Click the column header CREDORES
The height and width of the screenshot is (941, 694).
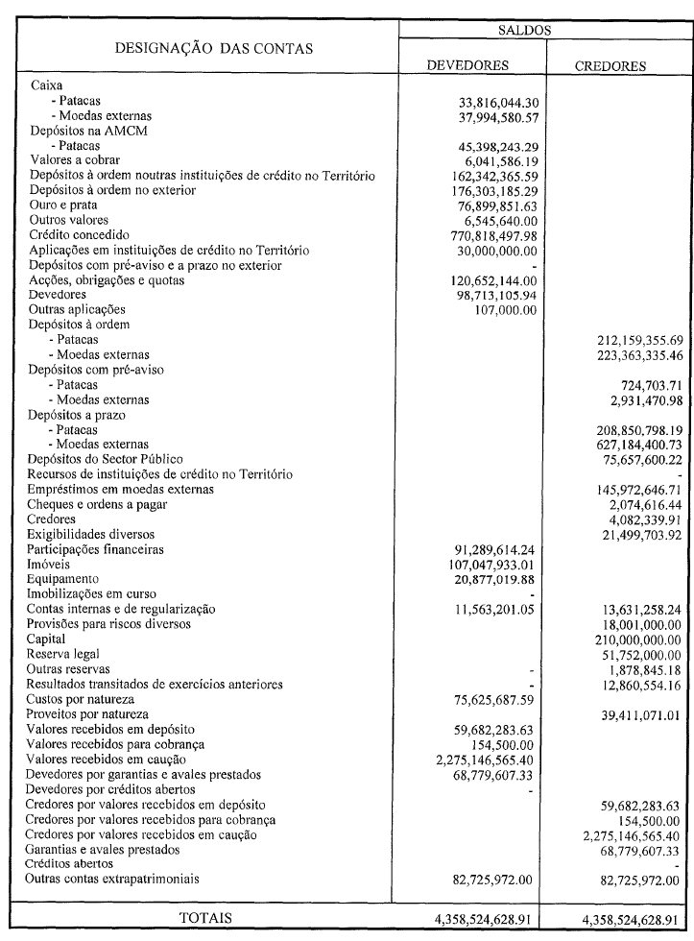click(x=610, y=66)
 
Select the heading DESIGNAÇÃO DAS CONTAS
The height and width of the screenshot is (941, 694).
click(x=214, y=48)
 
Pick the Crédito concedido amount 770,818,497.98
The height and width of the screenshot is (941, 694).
click(x=489, y=235)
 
